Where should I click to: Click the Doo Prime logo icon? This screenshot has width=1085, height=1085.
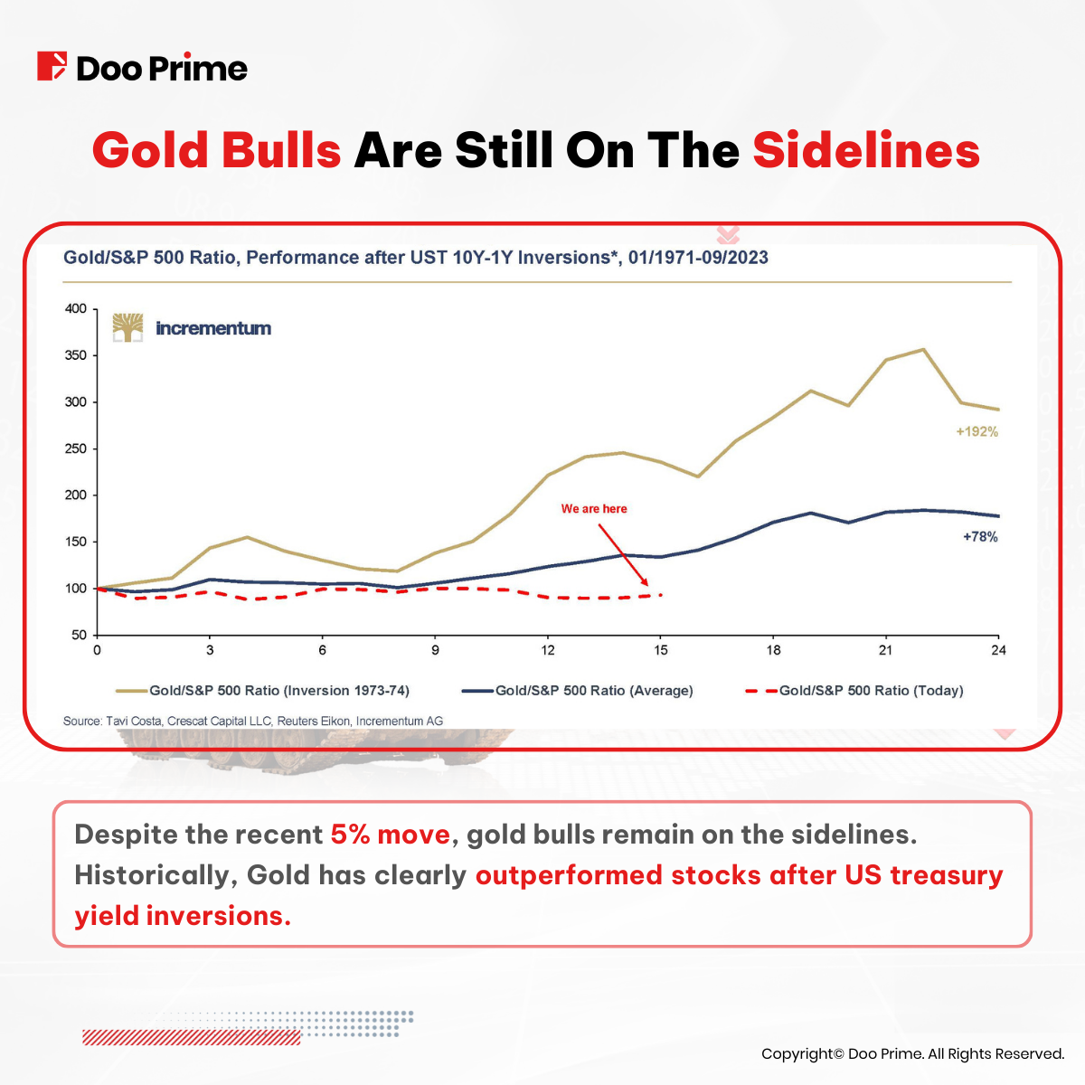point(52,67)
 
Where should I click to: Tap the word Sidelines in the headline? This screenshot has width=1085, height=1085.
point(866,150)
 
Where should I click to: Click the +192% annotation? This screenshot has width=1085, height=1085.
point(976,432)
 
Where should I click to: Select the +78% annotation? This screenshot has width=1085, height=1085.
point(980,537)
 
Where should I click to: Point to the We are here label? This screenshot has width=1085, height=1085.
point(594,509)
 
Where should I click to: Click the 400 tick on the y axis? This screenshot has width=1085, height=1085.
point(76,309)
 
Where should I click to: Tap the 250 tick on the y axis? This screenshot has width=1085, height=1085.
point(76,449)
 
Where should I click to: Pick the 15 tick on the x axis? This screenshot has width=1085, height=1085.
point(661,650)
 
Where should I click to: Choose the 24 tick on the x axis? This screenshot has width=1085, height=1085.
point(998,650)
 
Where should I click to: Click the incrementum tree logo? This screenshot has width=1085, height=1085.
point(127,327)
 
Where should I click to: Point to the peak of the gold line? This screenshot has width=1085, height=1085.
point(923,350)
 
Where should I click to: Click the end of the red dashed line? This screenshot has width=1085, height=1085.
point(661,595)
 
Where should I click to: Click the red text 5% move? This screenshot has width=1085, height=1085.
point(390,834)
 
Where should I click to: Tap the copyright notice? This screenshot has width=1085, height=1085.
point(912,1053)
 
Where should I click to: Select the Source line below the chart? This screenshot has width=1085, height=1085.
point(253,722)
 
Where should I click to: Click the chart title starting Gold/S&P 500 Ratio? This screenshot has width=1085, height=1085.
point(416,258)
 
